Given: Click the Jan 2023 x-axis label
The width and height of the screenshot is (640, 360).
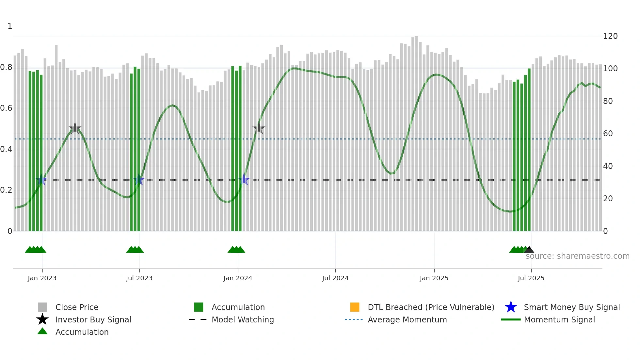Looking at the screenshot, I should click(42, 278).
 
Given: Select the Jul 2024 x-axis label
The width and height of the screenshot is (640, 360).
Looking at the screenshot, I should click(335, 278).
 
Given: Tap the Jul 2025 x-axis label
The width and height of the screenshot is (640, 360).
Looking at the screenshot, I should click(531, 278).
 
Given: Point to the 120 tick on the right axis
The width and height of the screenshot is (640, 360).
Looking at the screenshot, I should click(610, 36).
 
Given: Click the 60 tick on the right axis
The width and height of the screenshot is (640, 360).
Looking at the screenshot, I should click(608, 134).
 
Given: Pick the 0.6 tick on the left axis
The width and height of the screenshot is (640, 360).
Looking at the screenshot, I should click(6, 108).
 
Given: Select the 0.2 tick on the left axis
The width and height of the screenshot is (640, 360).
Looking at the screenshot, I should click(6, 190).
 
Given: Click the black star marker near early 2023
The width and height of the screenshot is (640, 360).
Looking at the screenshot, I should click(75, 128).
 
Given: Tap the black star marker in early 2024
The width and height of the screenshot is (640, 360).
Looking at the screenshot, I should click(259, 128).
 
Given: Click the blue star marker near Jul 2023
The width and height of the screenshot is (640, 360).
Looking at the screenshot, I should click(139, 180).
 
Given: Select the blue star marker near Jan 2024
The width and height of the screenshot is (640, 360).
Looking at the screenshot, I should click(244, 180).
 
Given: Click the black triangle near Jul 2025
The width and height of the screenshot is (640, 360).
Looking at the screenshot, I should click(529, 250).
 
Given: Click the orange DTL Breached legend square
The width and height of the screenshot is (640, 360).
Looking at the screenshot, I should click(355, 307).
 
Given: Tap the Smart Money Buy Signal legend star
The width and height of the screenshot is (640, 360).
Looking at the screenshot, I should click(511, 307).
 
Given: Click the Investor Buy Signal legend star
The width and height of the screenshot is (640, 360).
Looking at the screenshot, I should click(42, 319).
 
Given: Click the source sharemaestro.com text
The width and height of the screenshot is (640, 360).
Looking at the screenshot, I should click(577, 256).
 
